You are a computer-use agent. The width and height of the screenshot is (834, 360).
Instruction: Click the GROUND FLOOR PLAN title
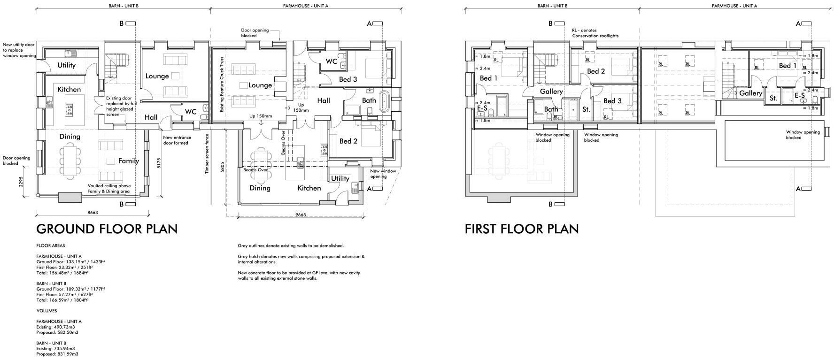coord(107,229)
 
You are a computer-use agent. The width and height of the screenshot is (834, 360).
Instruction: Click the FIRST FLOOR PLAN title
coord(522,229)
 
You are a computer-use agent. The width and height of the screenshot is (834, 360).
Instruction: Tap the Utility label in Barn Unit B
coord(66,65)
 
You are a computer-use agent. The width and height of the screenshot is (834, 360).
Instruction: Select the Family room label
coord(129,161)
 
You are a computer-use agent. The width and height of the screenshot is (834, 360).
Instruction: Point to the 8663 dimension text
coord(93,213)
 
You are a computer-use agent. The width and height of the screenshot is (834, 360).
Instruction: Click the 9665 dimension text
coord(301,214)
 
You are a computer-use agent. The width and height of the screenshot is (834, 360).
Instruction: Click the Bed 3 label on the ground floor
coord(348,79)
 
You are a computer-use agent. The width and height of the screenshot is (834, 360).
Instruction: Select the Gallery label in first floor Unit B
coord(551,92)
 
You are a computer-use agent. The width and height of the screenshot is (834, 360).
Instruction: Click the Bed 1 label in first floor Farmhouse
coord(788,66)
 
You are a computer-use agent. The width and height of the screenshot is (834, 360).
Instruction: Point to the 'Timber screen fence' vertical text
coord(207,154)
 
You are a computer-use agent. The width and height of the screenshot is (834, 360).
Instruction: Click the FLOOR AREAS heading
coord(51,245)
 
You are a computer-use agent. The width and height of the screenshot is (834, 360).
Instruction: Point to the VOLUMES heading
coord(47,311)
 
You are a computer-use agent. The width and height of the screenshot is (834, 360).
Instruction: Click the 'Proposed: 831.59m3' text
coord(57,354)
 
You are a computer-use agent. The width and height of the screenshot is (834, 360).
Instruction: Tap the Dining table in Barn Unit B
coord(69,160)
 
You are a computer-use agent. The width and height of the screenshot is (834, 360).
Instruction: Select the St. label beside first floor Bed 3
coord(586,109)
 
